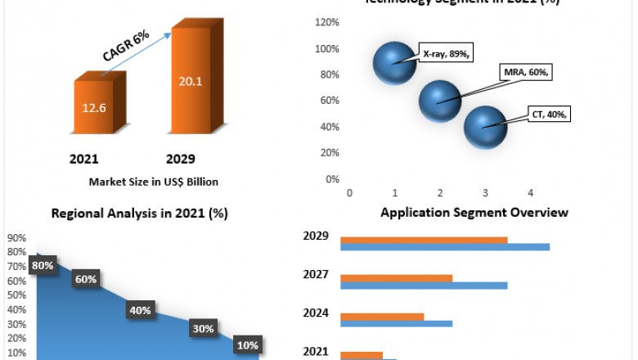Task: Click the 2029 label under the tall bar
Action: point(181,158)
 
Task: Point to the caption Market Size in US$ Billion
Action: point(154,182)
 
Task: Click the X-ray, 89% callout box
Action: point(447,53)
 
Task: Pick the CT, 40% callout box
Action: point(550,115)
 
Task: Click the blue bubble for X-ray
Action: point(395,63)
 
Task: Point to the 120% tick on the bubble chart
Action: point(328,22)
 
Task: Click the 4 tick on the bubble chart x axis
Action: point(530,193)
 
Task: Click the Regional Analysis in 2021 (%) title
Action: point(139,214)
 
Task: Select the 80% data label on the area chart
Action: point(43,265)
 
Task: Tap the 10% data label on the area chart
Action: point(247,345)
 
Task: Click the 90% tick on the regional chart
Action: point(16,238)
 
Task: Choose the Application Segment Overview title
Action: point(474,213)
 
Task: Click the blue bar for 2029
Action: point(445,246)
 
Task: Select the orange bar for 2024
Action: point(382,316)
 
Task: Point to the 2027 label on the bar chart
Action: point(316,275)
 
